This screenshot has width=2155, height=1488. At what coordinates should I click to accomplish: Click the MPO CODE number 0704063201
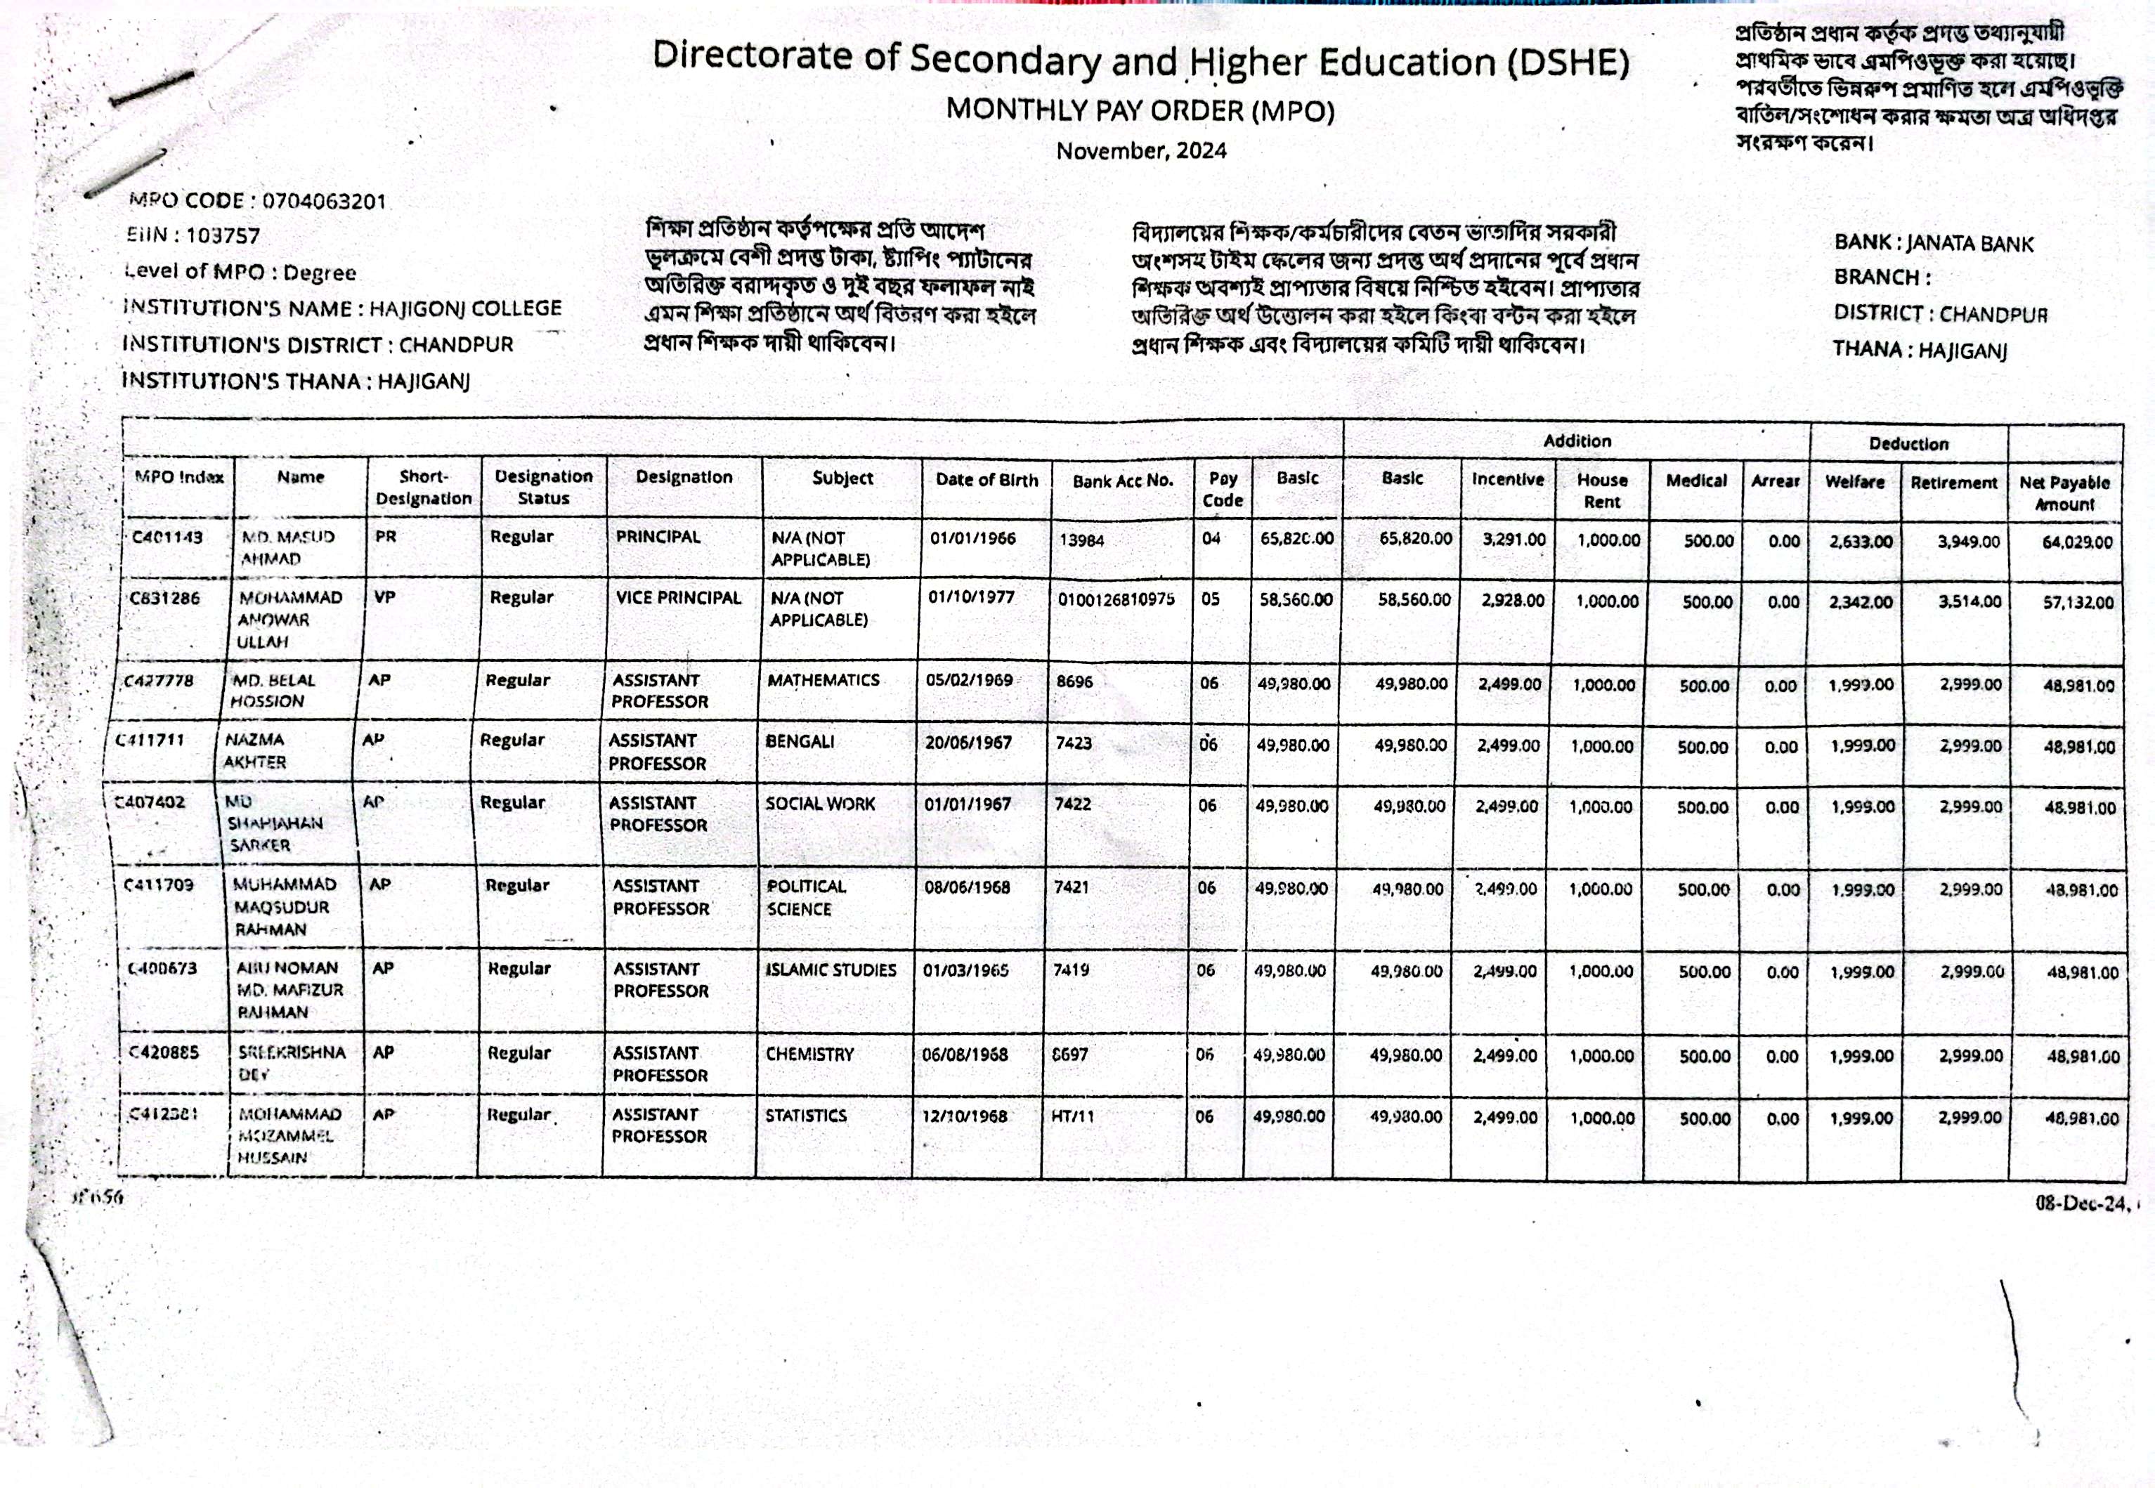(324, 202)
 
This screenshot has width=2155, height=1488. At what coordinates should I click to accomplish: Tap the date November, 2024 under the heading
(1141, 151)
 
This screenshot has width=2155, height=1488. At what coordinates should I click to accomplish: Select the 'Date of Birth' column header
(987, 480)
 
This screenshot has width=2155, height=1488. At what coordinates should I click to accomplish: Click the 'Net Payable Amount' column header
(2064, 493)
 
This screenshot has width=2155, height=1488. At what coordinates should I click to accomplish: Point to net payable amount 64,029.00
(2078, 542)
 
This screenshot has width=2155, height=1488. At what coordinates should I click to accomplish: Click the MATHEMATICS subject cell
(823, 681)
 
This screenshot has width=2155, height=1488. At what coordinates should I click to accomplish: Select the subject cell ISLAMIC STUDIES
(831, 970)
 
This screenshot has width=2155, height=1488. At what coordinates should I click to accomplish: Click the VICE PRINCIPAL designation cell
(678, 598)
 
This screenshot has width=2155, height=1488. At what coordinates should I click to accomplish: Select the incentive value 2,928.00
(1513, 599)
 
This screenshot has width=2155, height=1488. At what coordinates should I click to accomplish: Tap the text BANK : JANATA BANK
(1934, 243)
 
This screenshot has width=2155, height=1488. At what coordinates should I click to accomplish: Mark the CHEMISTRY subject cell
(809, 1055)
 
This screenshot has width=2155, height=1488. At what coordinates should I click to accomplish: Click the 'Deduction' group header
(1908, 444)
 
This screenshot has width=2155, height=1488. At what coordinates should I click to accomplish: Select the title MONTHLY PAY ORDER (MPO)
(1140, 111)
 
